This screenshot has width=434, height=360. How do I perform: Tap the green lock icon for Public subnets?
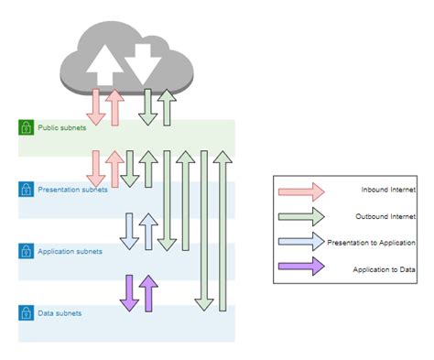click(26, 126)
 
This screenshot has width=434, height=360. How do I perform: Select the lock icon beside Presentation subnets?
click(26, 189)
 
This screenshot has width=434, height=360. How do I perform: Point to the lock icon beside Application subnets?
click(26, 250)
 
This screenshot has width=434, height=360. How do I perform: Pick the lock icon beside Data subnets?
click(26, 312)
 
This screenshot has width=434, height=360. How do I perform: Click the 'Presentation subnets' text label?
click(72, 190)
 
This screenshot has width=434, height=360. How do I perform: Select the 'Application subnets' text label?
click(70, 250)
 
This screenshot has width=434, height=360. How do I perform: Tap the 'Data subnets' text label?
click(60, 312)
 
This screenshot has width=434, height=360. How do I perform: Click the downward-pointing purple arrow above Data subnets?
click(129, 292)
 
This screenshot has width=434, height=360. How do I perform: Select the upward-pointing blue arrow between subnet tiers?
click(148, 231)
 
